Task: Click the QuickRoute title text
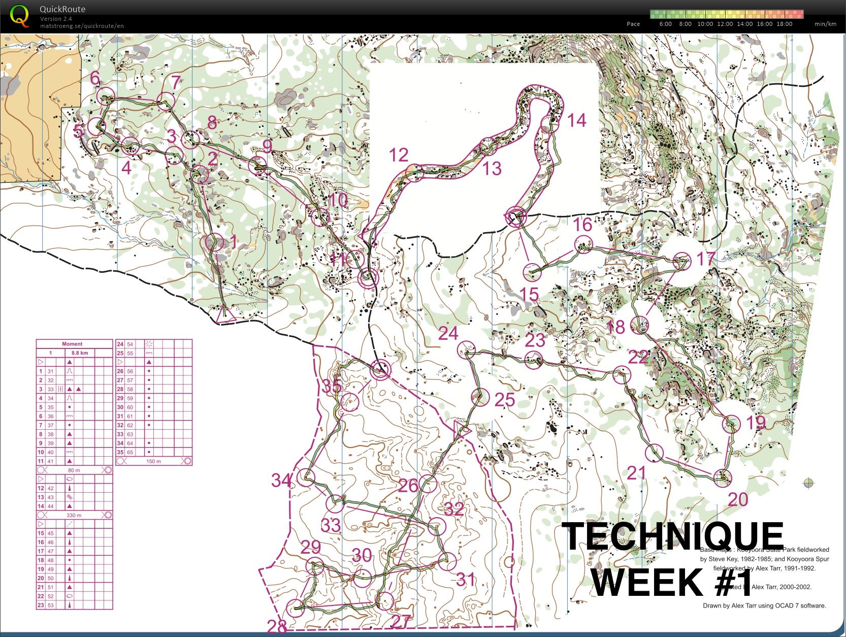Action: [x=62, y=9]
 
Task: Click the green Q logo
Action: [x=19, y=14]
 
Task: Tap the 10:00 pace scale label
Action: [x=705, y=24]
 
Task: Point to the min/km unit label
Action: [x=825, y=24]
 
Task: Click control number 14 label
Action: [x=577, y=120]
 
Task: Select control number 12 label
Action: [x=399, y=155]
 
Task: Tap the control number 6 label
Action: [x=95, y=78]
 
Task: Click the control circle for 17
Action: [x=681, y=261]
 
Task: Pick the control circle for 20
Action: [x=723, y=477]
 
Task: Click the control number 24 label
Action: [x=448, y=334]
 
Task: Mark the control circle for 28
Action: [x=296, y=608]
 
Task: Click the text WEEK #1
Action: [x=672, y=582]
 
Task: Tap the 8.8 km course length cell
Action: [x=80, y=353]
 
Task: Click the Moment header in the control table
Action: [x=72, y=344]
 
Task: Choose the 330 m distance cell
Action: [x=74, y=515]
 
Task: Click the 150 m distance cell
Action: [x=153, y=461]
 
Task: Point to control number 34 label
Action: [x=281, y=480]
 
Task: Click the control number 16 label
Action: [x=583, y=224]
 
